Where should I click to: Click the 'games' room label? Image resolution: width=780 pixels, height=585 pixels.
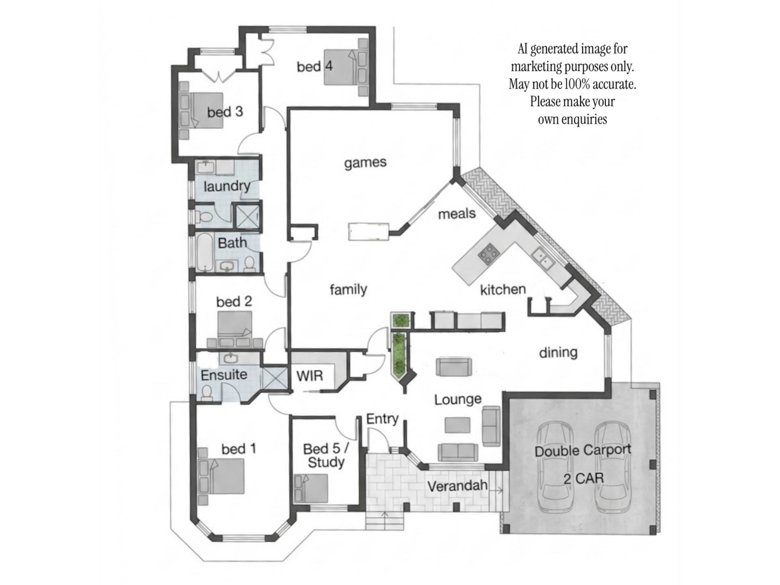pyautogui.click(x=365, y=162)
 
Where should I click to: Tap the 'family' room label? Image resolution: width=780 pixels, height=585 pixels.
pyautogui.click(x=348, y=289)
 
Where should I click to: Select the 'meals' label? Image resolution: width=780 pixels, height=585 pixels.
pyautogui.click(x=457, y=213)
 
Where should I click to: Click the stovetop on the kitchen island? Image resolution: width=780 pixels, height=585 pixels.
pyautogui.click(x=489, y=253)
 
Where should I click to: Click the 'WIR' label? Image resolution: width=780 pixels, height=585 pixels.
pyautogui.click(x=310, y=376)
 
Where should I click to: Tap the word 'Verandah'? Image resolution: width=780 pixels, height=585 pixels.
pyautogui.click(x=457, y=486)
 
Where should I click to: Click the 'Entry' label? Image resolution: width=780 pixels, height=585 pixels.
pyautogui.click(x=382, y=419)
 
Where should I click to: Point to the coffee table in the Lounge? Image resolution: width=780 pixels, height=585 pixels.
pyautogui.click(x=457, y=425)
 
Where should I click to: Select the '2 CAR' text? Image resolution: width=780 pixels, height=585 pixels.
pyautogui.click(x=583, y=479)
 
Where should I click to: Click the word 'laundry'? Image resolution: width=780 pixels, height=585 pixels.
pyautogui.click(x=227, y=186)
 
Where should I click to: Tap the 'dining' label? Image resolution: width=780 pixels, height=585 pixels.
pyautogui.click(x=558, y=352)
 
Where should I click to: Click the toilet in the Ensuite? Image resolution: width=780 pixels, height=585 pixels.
pyautogui.click(x=207, y=393)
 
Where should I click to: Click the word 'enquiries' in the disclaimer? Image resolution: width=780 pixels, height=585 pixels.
pyautogui.click(x=584, y=119)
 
